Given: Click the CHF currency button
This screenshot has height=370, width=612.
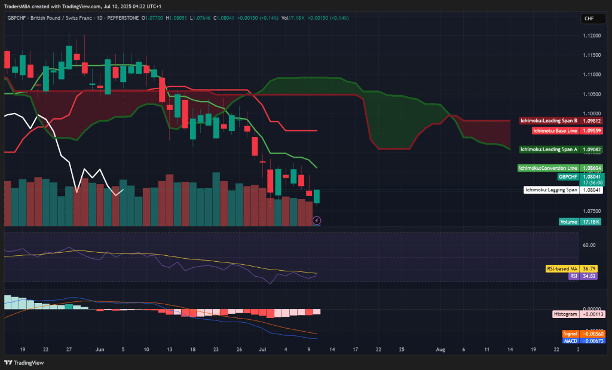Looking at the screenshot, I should [589, 19].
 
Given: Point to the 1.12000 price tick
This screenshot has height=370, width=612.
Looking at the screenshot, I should [591, 36].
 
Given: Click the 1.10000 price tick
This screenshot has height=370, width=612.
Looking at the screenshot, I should [591, 114].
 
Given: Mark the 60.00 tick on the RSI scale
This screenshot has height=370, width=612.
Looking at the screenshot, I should [590, 245].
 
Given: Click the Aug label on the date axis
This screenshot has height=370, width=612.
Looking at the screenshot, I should [440, 348].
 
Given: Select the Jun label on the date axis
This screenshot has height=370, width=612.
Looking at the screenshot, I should [99, 348].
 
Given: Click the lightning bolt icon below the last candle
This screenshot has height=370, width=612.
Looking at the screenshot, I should [317, 221].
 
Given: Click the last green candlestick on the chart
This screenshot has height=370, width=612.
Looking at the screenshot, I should [317, 196].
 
